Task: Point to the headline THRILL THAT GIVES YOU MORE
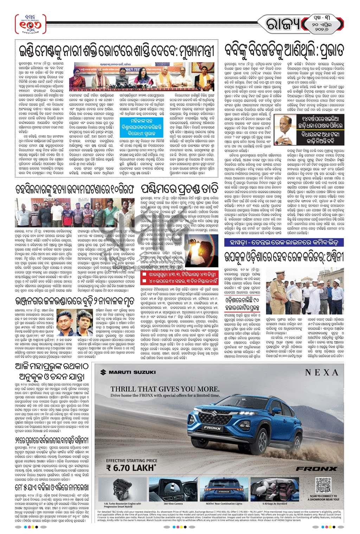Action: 165,389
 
